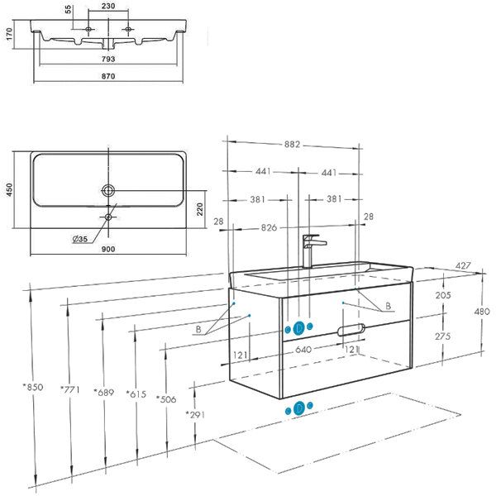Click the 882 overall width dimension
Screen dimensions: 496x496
click(x=293, y=144)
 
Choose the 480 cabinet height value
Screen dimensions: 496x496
click(x=483, y=312)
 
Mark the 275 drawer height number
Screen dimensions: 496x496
click(x=442, y=336)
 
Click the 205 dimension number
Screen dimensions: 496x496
click(x=442, y=295)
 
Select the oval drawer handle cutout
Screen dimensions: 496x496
click(x=351, y=331)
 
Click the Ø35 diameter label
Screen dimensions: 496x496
click(x=81, y=239)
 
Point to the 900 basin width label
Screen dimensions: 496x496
click(x=107, y=248)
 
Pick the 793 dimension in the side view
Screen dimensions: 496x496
click(x=108, y=59)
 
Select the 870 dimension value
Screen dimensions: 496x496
click(x=108, y=76)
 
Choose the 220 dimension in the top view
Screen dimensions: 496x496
click(x=199, y=208)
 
